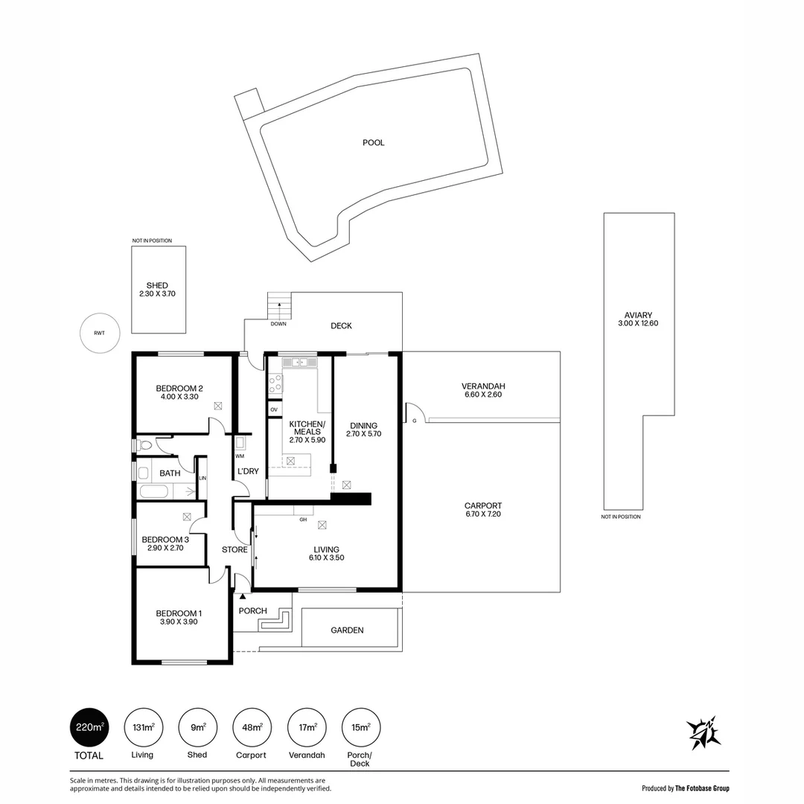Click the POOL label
[373, 142]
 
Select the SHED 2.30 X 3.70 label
[157, 289]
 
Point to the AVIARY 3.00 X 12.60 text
[638, 319]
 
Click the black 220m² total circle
[89, 727]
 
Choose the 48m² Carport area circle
[252, 727]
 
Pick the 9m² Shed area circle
[197, 727]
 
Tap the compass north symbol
[703, 733]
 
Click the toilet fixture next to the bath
[144, 445]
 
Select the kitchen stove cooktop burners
[275, 383]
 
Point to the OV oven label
[274, 409]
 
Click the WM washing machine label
[240, 456]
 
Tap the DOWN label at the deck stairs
[278, 324]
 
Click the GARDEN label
[347, 631]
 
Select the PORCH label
[253, 610]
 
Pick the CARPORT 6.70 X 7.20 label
[483, 510]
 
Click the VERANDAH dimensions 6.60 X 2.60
[483, 395]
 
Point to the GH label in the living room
[303, 520]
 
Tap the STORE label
[234, 549]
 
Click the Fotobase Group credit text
[685, 788]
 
